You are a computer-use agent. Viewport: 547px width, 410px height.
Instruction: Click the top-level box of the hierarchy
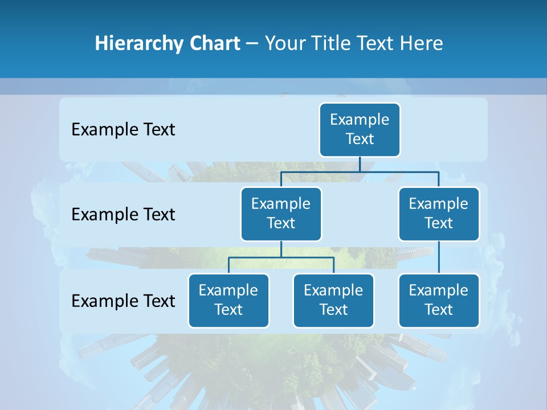click(360, 130)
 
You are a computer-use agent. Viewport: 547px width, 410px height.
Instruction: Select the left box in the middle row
click(281, 214)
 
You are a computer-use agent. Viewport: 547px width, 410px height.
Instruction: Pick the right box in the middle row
click(439, 214)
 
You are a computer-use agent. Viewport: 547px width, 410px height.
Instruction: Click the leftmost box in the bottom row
click(228, 301)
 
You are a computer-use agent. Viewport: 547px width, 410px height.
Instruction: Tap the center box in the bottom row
click(333, 301)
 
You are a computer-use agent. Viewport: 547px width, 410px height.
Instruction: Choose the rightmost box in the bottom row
click(439, 301)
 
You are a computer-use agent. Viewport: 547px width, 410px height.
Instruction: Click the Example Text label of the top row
click(123, 130)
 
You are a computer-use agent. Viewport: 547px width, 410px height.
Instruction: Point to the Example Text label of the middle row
click(123, 215)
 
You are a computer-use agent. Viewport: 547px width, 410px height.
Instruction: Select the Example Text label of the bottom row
click(123, 301)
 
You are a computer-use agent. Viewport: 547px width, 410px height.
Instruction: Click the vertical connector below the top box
click(360, 164)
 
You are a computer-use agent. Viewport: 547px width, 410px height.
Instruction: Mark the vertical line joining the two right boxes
click(439, 257)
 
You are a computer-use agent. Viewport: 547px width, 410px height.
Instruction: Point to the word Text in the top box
click(360, 139)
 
